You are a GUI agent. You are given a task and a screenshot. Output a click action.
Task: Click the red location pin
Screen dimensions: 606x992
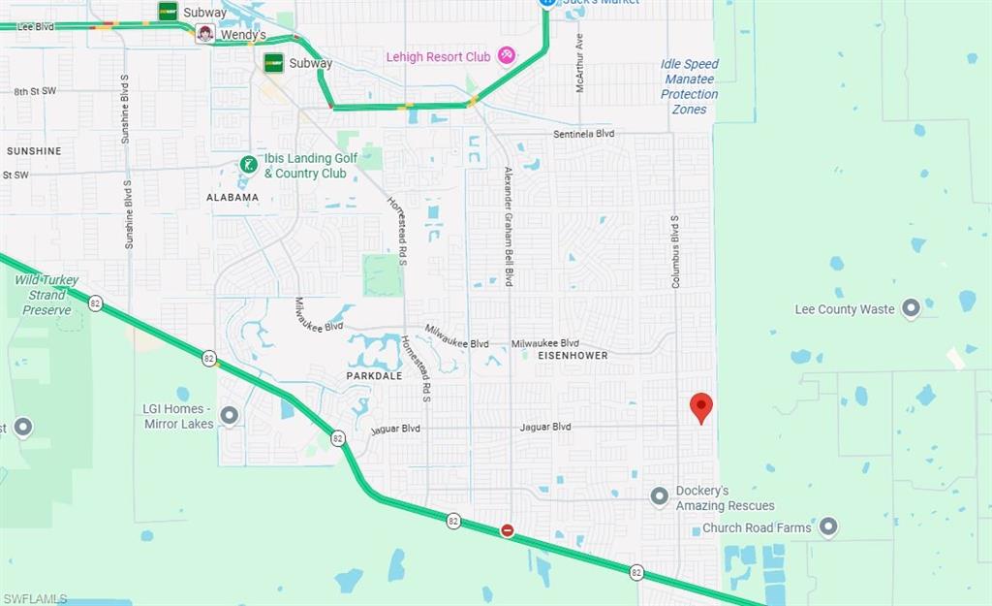pyautogui.click(x=701, y=407)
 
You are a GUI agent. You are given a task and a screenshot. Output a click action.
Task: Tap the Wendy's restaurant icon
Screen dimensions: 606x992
pyautogui.click(x=205, y=35)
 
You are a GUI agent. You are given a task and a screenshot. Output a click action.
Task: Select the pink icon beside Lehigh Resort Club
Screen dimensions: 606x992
pyautogui.click(x=507, y=56)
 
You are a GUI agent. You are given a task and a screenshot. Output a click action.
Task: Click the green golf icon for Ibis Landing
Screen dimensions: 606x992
pyautogui.click(x=249, y=165)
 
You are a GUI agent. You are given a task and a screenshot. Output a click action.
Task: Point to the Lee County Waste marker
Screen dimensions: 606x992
pyautogui.click(x=911, y=309)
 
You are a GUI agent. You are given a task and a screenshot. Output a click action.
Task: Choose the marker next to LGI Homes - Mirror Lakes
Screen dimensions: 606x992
pyautogui.click(x=230, y=416)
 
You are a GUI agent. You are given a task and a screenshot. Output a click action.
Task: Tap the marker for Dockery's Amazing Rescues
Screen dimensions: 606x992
pyautogui.click(x=660, y=497)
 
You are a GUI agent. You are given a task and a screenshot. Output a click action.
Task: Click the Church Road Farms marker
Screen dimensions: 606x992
pyautogui.click(x=828, y=527)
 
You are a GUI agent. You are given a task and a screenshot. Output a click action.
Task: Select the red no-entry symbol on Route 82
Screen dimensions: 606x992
pyautogui.click(x=507, y=530)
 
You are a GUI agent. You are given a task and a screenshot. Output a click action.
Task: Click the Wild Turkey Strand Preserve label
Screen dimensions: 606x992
pyautogui.click(x=46, y=295)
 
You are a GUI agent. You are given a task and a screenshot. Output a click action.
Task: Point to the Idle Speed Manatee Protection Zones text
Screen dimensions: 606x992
pyautogui.click(x=690, y=86)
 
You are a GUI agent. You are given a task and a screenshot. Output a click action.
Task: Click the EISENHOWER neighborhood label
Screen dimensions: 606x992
pyautogui.click(x=573, y=356)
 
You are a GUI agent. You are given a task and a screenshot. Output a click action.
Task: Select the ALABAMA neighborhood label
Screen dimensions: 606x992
pyautogui.click(x=232, y=197)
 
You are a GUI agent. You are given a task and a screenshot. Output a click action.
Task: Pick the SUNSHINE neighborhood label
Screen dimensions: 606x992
pyautogui.click(x=34, y=151)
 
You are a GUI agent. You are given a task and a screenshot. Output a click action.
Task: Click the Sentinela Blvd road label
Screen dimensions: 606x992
pyautogui.click(x=584, y=134)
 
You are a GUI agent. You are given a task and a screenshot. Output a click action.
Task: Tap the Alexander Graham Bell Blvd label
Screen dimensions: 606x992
pyautogui.click(x=508, y=226)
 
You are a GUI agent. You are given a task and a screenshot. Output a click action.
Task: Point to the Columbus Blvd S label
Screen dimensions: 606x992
pyautogui.click(x=675, y=251)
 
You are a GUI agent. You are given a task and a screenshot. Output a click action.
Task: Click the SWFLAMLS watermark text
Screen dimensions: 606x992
pyautogui.click(x=36, y=598)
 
